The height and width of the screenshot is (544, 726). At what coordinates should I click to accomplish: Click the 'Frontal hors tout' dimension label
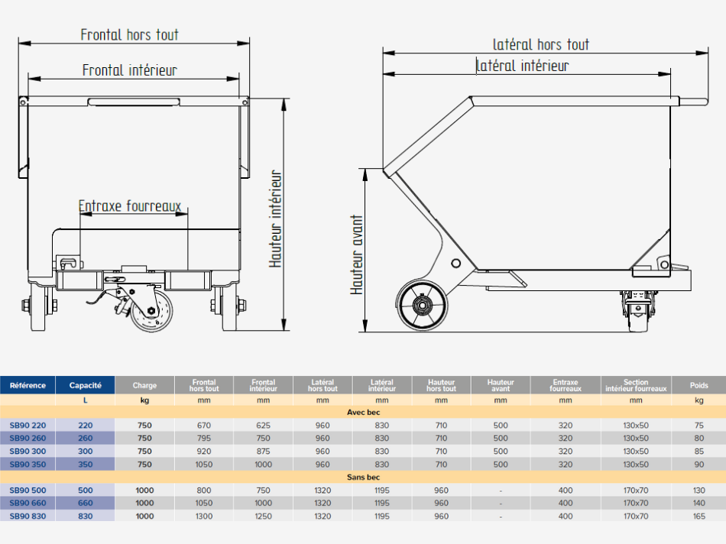tap(130, 35)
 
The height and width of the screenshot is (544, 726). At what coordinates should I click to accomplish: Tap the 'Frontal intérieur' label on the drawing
tap(130, 70)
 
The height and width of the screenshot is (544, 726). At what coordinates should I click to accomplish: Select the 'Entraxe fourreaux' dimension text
tap(130, 206)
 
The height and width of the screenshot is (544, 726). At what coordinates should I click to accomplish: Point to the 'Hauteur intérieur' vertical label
tap(277, 219)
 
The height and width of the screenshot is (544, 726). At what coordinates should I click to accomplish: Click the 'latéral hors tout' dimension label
tap(541, 45)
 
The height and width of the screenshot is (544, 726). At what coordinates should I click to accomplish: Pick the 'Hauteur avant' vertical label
tap(357, 254)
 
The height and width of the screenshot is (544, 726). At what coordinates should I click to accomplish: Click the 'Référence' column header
tap(28, 386)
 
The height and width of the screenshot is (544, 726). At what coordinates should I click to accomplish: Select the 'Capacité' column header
tap(86, 386)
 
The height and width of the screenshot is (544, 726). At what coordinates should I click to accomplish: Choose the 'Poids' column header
tap(698, 386)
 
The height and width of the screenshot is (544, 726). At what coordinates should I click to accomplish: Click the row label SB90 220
tap(28, 426)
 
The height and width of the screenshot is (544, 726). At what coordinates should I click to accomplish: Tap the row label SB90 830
tap(28, 516)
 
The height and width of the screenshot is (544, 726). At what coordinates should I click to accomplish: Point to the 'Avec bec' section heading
tap(363, 413)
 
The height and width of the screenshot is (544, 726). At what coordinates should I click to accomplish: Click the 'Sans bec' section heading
tap(363, 478)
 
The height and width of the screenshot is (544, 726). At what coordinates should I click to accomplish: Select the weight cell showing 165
tap(698, 516)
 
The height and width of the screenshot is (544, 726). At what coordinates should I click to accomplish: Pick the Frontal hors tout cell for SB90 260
tap(204, 439)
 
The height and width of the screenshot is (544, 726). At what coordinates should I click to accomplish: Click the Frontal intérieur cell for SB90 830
tap(263, 516)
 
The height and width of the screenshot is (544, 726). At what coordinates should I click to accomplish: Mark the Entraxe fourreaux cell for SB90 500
tap(565, 490)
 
